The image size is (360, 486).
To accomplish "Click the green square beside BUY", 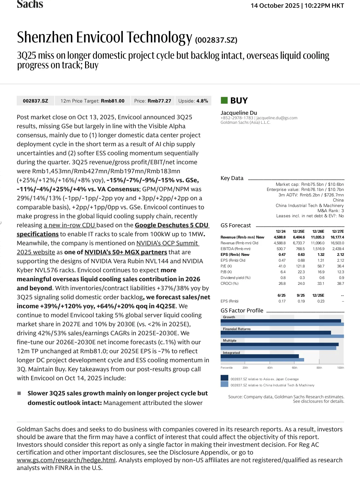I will (x=224, y=100).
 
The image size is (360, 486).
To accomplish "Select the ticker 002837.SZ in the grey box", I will (x=35, y=101).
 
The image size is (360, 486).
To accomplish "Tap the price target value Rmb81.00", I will (x=113, y=101).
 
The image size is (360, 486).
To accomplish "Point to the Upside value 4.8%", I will (x=202, y=101).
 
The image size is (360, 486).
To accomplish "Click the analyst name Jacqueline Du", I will (x=239, y=113).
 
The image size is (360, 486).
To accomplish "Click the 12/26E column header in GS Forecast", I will (x=318, y=231).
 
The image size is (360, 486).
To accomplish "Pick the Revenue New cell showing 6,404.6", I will (x=299, y=237).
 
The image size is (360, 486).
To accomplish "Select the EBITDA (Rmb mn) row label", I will (x=235, y=249).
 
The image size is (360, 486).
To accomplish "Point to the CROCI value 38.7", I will (x=340, y=283).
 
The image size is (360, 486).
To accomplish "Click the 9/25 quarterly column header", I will (x=301, y=295).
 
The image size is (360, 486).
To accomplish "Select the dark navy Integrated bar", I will (x=259, y=356).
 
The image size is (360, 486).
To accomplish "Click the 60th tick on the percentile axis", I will (x=294, y=368).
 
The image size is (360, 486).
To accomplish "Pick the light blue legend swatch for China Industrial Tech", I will (x=224, y=384).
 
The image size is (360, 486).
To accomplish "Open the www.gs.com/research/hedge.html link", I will (x=66, y=460).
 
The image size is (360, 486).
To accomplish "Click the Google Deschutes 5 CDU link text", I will (x=171, y=225).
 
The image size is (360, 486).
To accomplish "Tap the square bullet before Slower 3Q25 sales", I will (x=19, y=393).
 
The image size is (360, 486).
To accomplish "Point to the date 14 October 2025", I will (x=275, y=6).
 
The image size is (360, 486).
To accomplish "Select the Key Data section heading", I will (x=232, y=178).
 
